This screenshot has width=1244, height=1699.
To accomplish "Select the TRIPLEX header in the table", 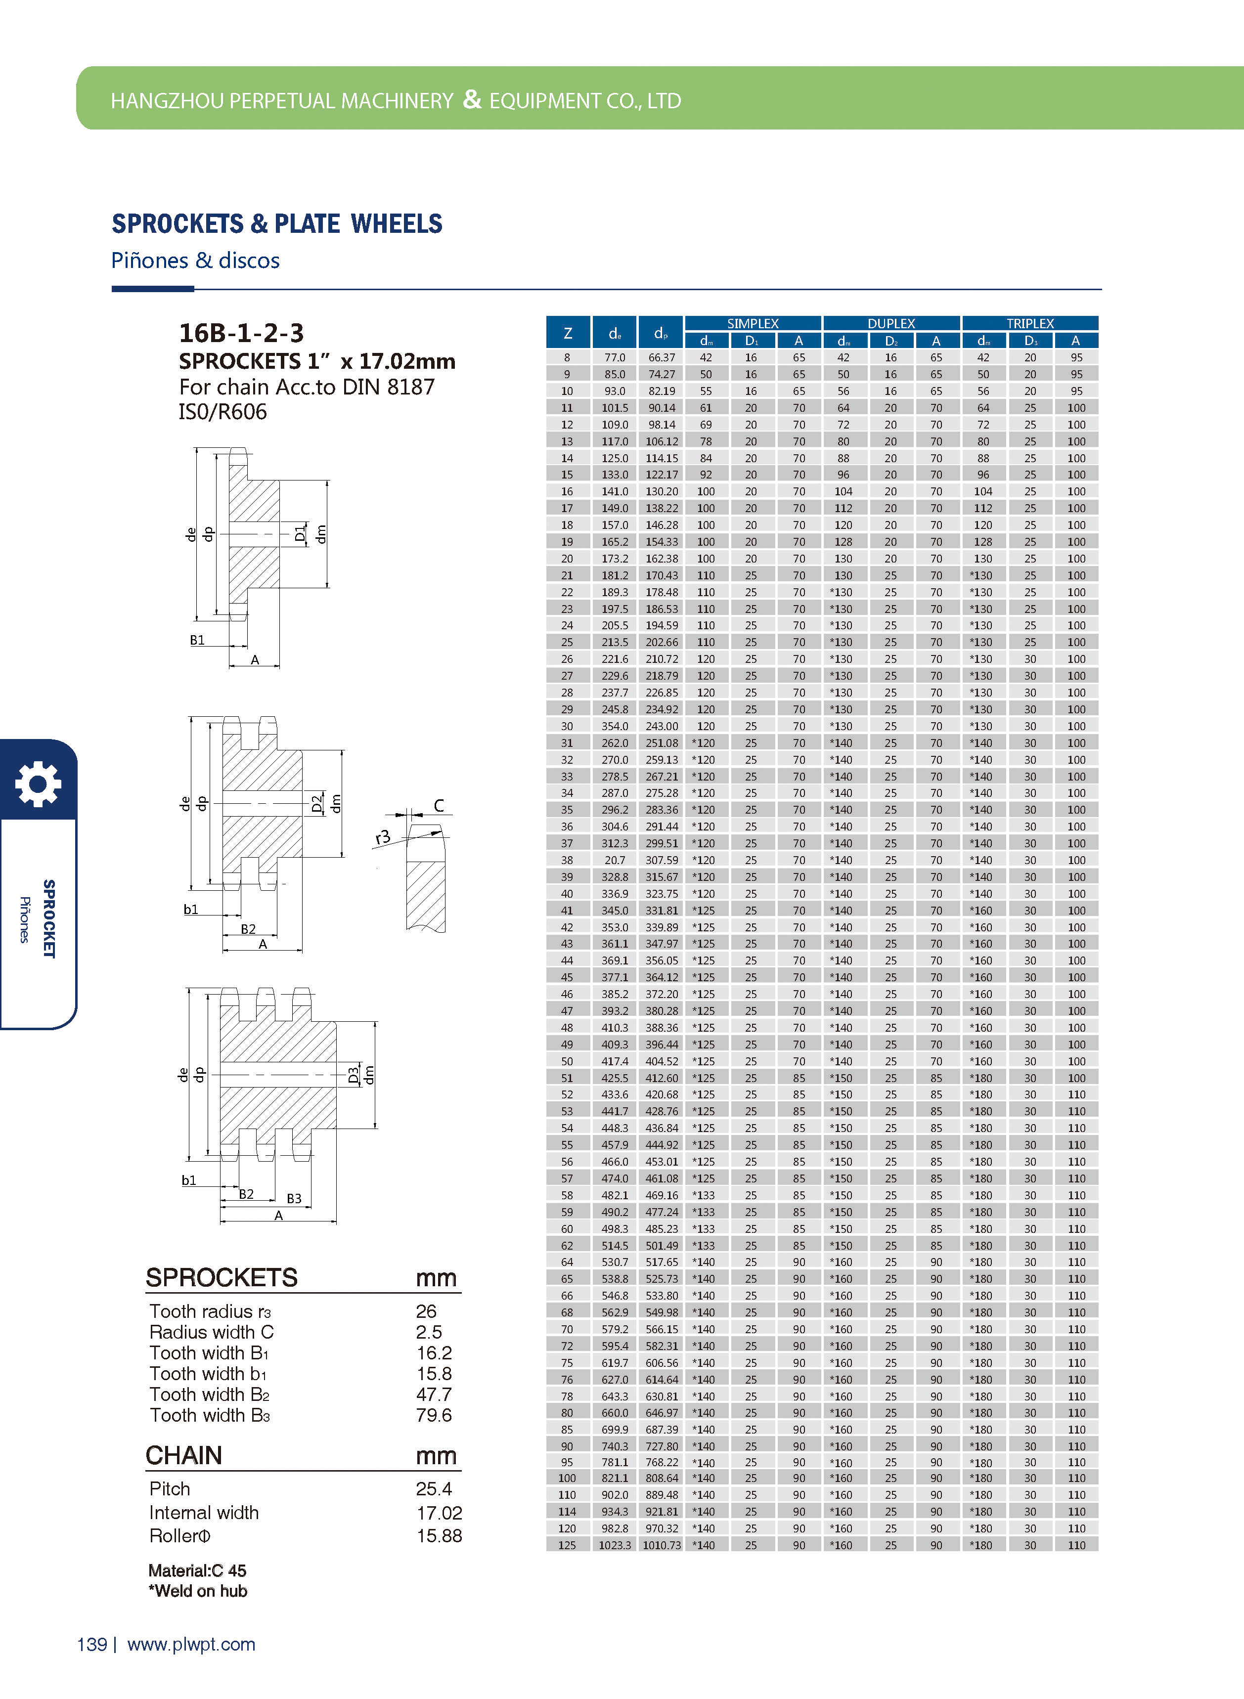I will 1029,323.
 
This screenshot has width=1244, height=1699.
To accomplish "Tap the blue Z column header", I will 568,333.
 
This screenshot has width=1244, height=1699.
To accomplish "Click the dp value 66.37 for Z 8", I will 661,357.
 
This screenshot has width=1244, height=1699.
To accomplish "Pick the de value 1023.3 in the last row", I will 615,1545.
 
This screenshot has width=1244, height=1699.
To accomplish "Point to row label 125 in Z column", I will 567,1545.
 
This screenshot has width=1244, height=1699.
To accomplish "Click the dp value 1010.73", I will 661,1545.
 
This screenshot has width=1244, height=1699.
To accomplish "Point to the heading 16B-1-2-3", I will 241,332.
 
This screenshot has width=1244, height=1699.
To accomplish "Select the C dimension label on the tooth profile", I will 439,805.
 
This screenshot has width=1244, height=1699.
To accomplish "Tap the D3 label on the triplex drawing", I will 353,1076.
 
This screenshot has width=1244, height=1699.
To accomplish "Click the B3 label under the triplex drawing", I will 294,1198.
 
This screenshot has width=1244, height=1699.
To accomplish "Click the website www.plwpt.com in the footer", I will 191,1644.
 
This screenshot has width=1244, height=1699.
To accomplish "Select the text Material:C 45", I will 197,1570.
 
